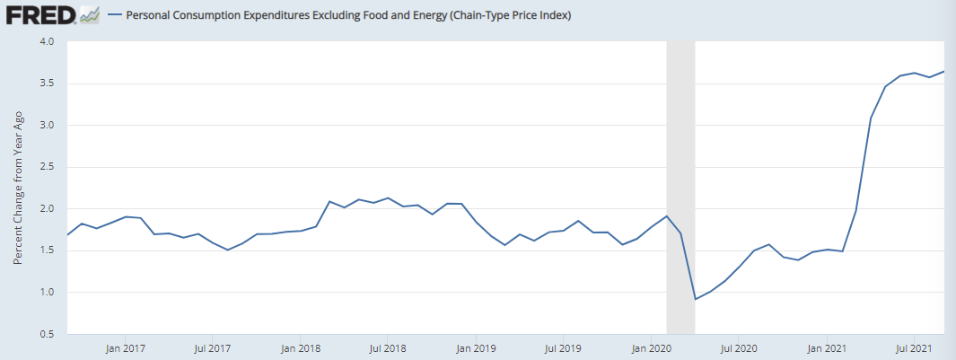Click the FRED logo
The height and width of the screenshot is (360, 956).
pyautogui.click(x=40, y=15)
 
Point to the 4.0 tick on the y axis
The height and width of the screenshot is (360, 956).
pyautogui.click(x=47, y=42)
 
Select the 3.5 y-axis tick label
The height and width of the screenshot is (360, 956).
pyautogui.click(x=47, y=83)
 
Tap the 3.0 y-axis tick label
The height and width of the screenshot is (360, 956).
pyautogui.click(x=47, y=126)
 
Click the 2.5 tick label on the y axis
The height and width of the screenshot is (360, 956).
pyautogui.click(x=47, y=167)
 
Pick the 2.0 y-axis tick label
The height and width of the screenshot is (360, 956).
pyautogui.click(x=47, y=209)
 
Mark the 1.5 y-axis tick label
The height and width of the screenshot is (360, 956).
pyautogui.click(x=47, y=250)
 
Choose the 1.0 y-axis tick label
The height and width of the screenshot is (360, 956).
pyautogui.click(x=47, y=293)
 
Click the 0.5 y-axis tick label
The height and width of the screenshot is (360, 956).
pyautogui.click(x=47, y=334)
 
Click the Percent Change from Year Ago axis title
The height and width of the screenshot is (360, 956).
pyautogui.click(x=18, y=189)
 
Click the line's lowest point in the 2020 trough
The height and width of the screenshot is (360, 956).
pyautogui.click(x=696, y=299)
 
